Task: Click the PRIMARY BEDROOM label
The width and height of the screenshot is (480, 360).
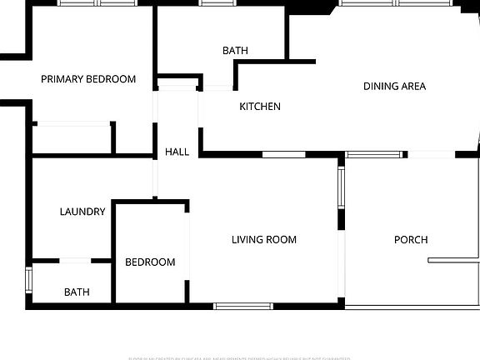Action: click(88, 79)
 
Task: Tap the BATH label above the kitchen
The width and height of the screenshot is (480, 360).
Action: click(235, 51)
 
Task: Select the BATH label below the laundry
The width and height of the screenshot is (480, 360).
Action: click(77, 292)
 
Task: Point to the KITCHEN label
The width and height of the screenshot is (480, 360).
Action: click(260, 107)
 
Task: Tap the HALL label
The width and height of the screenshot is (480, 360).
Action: click(177, 152)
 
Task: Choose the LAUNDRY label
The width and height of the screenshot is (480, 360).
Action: click(82, 212)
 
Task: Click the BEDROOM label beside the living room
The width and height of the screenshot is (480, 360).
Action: click(150, 262)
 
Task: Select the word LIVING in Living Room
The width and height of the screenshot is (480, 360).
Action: click(247, 240)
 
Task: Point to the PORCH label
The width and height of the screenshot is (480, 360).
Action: click(410, 240)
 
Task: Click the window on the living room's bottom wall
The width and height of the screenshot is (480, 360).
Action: click(243, 306)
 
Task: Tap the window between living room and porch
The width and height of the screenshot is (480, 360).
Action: click(341, 187)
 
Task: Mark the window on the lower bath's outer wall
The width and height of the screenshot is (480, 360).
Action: click(29, 279)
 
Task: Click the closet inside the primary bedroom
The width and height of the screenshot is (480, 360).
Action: click(73, 138)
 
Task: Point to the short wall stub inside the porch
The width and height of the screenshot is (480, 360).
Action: click(453, 261)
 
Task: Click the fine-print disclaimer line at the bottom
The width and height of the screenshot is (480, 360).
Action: click(240, 357)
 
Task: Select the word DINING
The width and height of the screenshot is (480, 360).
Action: click(380, 86)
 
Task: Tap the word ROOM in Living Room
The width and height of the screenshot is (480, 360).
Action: click(282, 240)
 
